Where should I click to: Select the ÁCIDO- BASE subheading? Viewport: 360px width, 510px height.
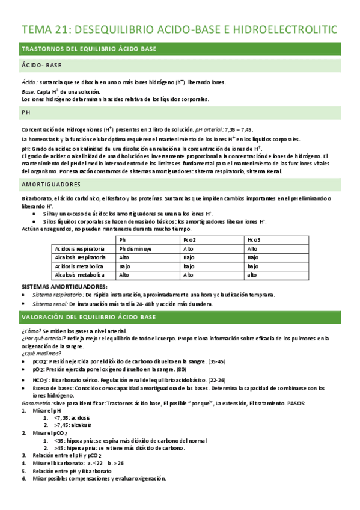(x=41, y=65)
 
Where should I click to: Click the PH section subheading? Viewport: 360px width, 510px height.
(x=26, y=112)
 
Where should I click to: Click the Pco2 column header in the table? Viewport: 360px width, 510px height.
(x=191, y=239)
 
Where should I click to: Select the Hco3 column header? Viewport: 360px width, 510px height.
(x=254, y=239)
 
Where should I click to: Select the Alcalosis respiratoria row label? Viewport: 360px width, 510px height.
(x=80, y=257)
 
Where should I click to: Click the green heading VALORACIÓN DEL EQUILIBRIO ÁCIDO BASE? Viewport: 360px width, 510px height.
(x=88, y=317)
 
